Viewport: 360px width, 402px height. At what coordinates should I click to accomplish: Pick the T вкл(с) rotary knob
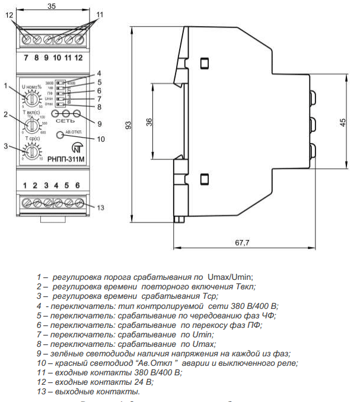[x=30, y=125]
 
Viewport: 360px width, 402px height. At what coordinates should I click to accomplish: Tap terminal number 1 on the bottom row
[x=25, y=186]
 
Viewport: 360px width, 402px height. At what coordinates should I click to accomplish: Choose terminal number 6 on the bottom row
[x=77, y=186]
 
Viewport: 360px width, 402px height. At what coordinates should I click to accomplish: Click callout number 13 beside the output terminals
[x=101, y=208]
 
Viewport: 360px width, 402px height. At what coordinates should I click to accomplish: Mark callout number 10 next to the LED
[x=100, y=139]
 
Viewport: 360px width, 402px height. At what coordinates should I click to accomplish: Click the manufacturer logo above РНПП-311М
[x=77, y=148]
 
